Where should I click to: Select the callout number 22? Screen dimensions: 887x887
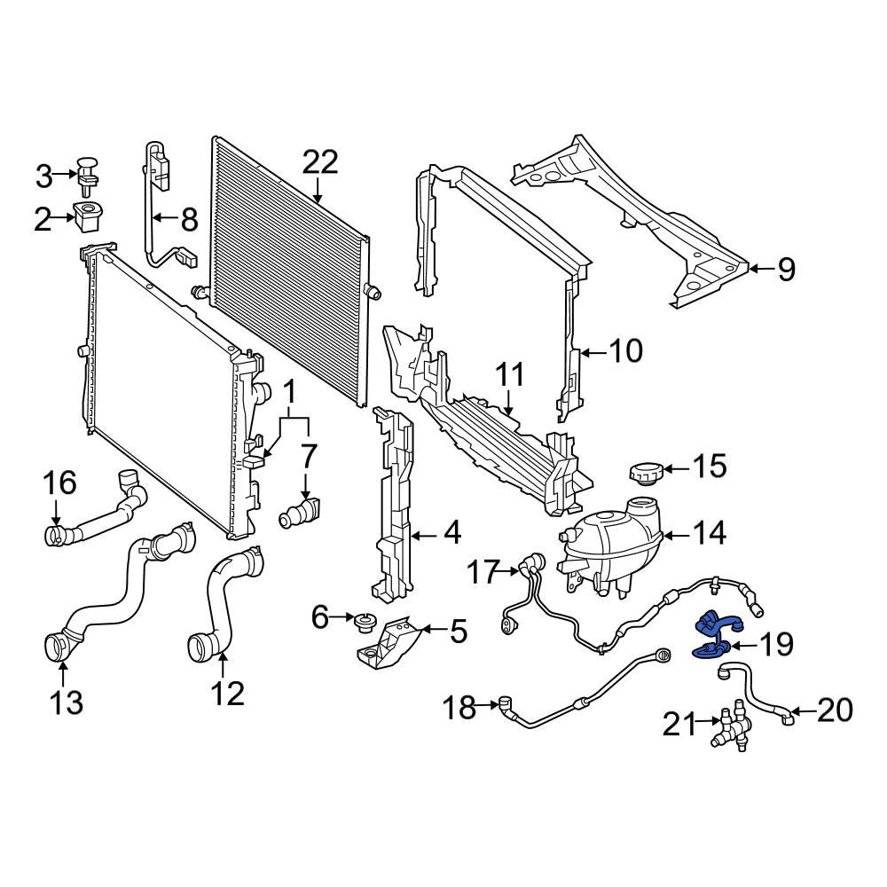[x=320, y=162]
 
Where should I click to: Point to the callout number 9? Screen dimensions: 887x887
[x=786, y=270]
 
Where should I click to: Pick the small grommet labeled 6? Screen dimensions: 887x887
[x=362, y=624]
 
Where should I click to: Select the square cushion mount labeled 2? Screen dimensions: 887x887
[x=88, y=216]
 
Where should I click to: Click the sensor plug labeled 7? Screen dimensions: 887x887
[x=301, y=514]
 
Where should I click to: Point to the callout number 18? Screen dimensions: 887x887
[x=459, y=707]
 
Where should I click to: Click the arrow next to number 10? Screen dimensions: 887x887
[x=593, y=352]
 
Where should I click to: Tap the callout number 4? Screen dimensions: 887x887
[x=451, y=535]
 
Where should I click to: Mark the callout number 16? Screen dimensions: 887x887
[x=61, y=483]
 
